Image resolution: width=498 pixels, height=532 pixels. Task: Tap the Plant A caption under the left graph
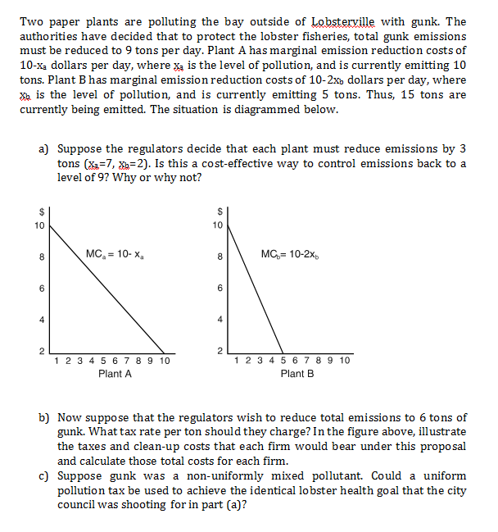click(115, 373)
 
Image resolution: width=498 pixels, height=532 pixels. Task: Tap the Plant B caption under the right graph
click(297, 373)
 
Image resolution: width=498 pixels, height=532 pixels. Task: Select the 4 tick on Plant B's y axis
click(219, 320)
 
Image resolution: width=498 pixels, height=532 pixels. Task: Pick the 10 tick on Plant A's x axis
click(164, 361)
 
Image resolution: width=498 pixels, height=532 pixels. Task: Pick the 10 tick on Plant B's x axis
click(344, 361)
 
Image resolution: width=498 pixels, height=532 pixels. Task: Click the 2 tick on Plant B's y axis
click(219, 351)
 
